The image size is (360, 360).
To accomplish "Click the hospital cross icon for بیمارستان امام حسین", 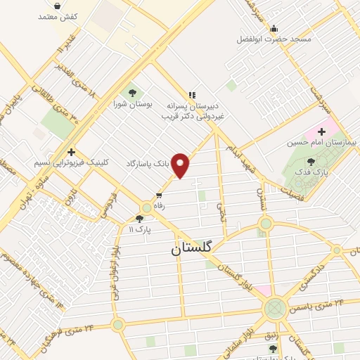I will point(322,131).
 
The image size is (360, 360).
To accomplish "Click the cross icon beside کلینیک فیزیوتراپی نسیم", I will point(72,151).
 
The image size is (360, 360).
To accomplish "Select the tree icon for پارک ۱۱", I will point(139,219).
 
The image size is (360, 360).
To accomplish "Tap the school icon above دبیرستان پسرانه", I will point(191,95).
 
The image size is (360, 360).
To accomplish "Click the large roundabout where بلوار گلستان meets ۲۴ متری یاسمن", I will point(276,307).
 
